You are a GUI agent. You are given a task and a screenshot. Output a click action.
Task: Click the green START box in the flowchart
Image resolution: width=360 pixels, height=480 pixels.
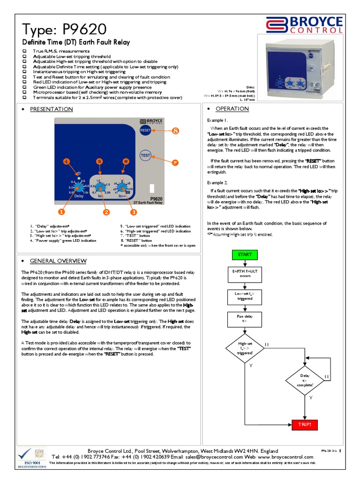(x=245, y=255)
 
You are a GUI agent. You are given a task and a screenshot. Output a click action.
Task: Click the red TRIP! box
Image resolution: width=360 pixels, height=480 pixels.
(x=305, y=425)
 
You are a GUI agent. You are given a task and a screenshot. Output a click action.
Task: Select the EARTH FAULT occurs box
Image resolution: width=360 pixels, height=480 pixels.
(x=245, y=274)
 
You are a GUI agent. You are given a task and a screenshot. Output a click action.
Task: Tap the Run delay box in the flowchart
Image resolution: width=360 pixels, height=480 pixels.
(x=245, y=319)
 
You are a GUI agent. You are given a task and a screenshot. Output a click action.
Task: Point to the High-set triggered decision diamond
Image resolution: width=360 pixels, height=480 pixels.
(x=245, y=349)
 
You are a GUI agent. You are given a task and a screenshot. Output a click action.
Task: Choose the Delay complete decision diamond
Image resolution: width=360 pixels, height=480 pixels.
(x=305, y=380)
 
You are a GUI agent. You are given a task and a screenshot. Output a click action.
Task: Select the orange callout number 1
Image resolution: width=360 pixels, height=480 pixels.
(x=75, y=212)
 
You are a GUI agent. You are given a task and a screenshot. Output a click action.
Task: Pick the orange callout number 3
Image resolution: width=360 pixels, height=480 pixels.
(x=134, y=212)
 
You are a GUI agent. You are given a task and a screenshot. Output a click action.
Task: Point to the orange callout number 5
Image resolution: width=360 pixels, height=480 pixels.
(x=99, y=161)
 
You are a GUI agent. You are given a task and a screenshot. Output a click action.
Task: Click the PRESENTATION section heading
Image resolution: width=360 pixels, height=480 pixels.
(x=51, y=109)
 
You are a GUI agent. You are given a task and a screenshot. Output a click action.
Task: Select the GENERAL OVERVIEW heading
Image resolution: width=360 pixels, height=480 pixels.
(x=58, y=261)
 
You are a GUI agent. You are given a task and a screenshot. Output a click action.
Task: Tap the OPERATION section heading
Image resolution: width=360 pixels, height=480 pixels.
(x=232, y=109)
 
